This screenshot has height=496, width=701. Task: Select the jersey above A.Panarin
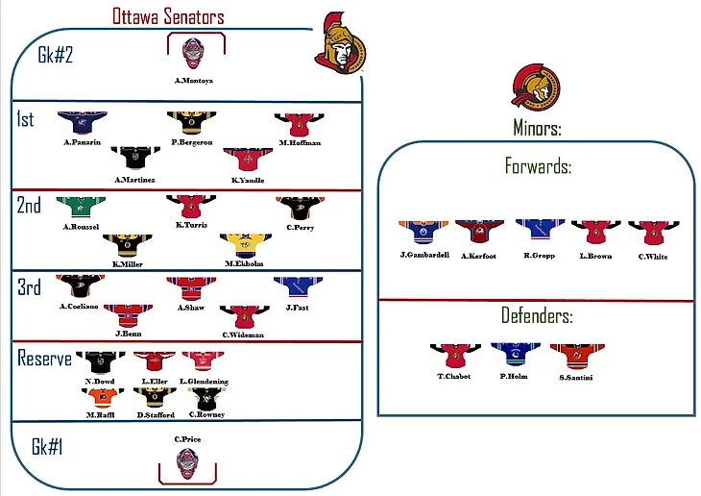point(78,122)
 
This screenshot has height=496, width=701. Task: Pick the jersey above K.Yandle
point(242,160)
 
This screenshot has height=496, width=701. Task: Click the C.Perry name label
point(300,227)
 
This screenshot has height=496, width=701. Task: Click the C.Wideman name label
point(242,335)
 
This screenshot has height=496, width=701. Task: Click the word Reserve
point(45,359)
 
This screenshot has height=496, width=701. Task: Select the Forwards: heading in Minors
point(537,166)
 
